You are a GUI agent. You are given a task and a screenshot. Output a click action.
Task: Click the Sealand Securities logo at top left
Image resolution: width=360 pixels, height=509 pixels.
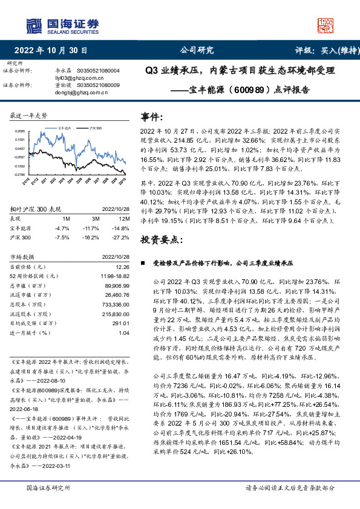pos(62,25)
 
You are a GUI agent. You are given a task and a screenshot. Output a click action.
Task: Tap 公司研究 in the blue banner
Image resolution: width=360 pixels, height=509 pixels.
pos(197,51)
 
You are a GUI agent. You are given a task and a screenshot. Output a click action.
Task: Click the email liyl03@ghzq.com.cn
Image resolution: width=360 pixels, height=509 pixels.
pos(71,78)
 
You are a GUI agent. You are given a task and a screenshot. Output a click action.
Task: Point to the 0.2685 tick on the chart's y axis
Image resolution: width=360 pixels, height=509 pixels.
pos(19,131)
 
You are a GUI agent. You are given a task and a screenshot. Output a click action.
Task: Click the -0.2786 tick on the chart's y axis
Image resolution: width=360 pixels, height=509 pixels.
pos(19,175)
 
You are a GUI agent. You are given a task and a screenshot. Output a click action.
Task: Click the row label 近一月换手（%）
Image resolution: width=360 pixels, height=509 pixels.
pos(31,350)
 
